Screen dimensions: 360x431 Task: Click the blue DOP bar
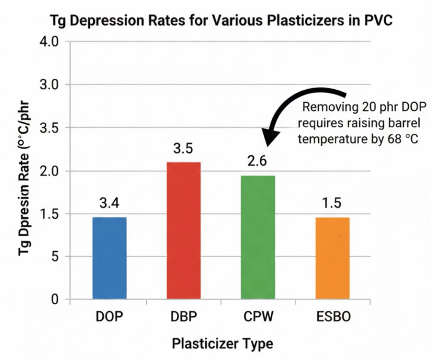[109, 258]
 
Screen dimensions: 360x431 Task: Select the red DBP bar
[184, 230]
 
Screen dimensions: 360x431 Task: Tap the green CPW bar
[258, 237]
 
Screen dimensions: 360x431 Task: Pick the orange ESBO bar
[332, 258]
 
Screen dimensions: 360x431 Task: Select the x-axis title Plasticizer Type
[222, 344]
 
